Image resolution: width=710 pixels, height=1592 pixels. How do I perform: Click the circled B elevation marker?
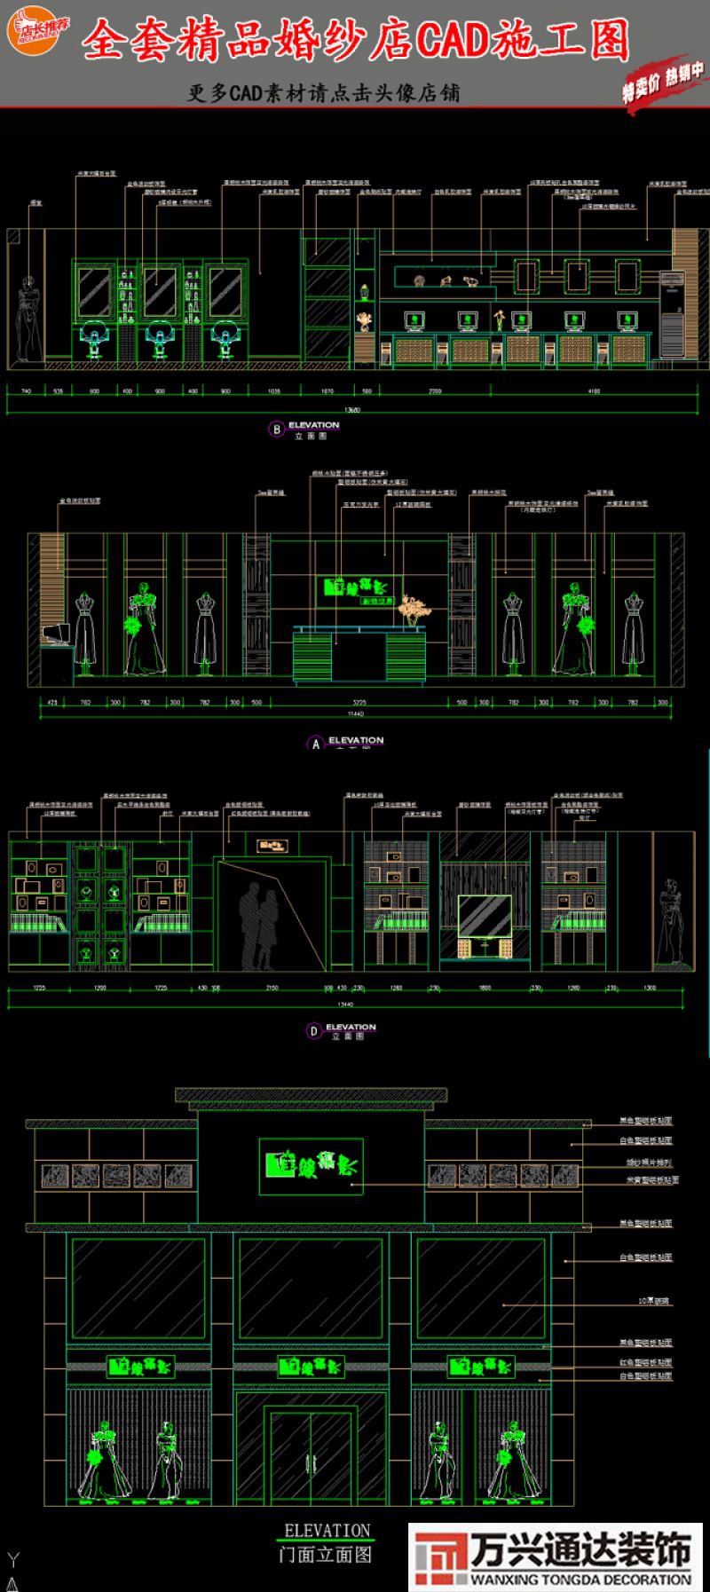276,430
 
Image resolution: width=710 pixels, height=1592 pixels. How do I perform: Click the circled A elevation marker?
316,744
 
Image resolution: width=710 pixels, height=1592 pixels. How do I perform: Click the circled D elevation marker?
313,1030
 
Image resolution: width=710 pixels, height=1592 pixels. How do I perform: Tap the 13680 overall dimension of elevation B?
352,410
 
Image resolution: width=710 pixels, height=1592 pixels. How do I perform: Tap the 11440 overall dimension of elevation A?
356,713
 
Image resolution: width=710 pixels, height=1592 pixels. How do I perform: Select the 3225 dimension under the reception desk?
359,702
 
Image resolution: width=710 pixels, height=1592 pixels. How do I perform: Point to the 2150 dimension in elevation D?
272,988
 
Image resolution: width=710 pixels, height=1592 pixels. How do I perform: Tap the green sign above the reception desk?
359,590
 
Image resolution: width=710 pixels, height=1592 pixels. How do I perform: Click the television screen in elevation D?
484,918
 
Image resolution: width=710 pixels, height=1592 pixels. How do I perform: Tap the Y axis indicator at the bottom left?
12,1560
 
